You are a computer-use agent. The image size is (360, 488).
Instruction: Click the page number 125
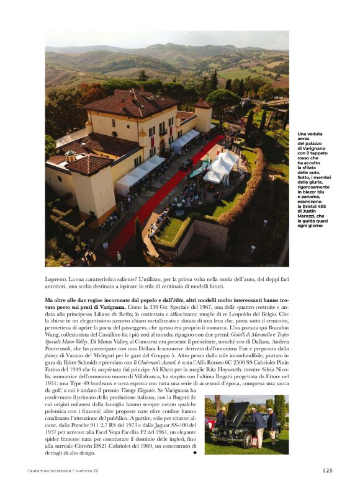click(328, 470)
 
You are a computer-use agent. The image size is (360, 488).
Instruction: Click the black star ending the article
click(195, 453)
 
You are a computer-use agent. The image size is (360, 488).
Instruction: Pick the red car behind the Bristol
click(210, 424)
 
